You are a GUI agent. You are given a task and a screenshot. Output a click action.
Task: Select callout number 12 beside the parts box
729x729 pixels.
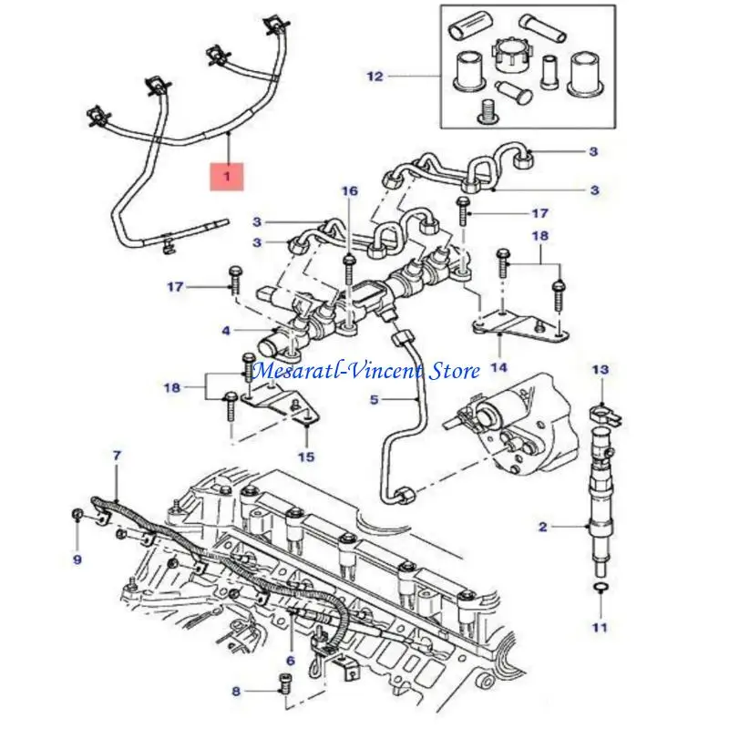click(375, 77)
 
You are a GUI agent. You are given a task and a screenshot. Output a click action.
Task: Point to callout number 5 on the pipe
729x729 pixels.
click(374, 399)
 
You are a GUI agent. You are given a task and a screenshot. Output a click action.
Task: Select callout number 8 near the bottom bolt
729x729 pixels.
click(235, 692)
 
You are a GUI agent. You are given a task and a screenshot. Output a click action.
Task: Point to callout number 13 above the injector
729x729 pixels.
click(599, 370)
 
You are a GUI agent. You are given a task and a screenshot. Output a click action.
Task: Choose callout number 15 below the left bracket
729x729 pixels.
click(307, 457)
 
